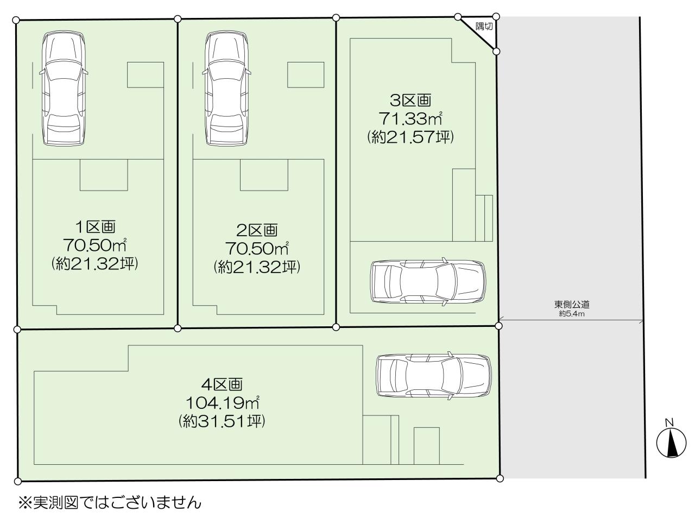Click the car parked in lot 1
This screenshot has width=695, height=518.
tap(64, 89)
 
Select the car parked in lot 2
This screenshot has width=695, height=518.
tap(226, 89)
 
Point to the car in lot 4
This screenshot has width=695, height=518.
tap(434, 376)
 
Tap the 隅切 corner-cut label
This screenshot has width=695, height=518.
tap(484, 27)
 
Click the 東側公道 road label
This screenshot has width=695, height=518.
tap(572, 304)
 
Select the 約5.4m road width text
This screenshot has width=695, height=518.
tap(572, 314)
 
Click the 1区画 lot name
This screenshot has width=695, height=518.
tap(95, 227)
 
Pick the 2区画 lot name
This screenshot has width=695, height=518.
tap(257, 230)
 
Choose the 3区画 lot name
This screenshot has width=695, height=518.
tap(410, 100)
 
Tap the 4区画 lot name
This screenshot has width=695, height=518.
tap(222, 384)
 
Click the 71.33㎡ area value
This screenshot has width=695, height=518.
tap(410, 119)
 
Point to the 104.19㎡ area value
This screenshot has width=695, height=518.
tap(222, 402)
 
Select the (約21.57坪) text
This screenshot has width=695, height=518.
tap(410, 137)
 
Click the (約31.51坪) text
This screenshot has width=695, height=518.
tap(222, 421)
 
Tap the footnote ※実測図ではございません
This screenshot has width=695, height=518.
tap(110, 502)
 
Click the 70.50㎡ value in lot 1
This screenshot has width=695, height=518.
tap(95, 244)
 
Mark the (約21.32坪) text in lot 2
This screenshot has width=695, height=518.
tap(257, 267)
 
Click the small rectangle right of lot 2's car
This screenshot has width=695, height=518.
tap(306, 75)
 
